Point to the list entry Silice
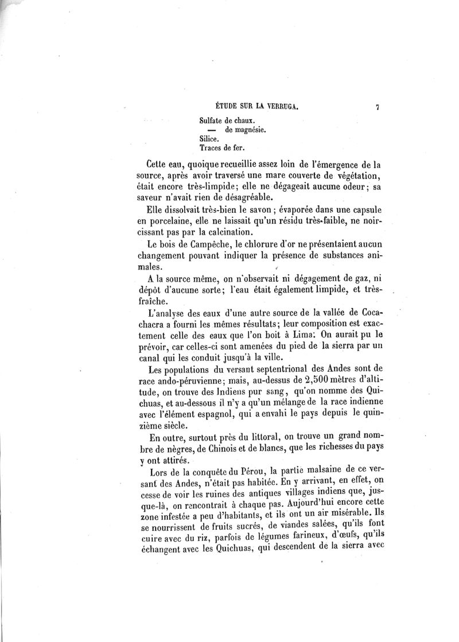click(x=208, y=139)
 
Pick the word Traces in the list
click(x=211, y=148)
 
